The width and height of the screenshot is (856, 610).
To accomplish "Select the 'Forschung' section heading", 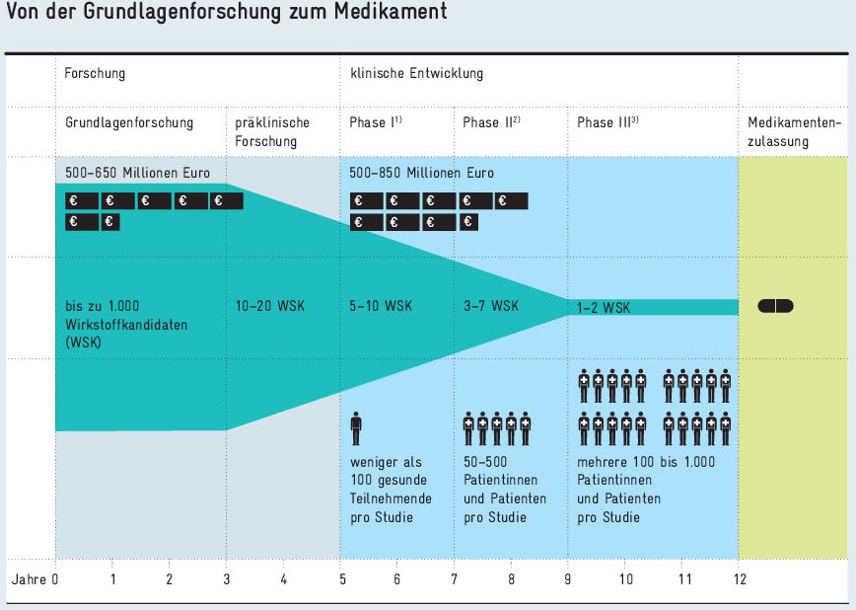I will click(x=95, y=74).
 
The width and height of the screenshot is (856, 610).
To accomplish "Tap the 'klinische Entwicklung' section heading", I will click(x=416, y=74).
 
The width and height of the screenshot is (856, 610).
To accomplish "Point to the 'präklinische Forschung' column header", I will click(x=272, y=131).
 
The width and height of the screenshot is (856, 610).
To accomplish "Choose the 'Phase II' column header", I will click(x=491, y=122).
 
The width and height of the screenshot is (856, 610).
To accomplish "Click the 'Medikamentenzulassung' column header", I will click(x=794, y=131).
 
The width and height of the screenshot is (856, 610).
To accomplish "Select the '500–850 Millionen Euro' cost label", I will click(x=422, y=173).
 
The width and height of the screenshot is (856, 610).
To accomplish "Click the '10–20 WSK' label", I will click(x=270, y=306).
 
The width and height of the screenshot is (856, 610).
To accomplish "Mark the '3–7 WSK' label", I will click(x=490, y=306).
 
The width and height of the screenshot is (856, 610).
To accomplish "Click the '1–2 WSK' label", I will click(x=604, y=308).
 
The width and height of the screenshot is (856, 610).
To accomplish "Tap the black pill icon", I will click(x=775, y=306).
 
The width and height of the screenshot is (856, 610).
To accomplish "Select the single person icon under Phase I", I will click(x=356, y=430).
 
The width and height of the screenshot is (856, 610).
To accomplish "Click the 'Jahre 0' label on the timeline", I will click(x=36, y=578).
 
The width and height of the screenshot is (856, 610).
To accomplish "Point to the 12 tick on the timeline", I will click(x=738, y=578).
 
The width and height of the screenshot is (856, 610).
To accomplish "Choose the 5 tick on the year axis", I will click(x=340, y=578).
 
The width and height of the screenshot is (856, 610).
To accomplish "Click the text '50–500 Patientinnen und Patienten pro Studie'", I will click(x=504, y=490).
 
